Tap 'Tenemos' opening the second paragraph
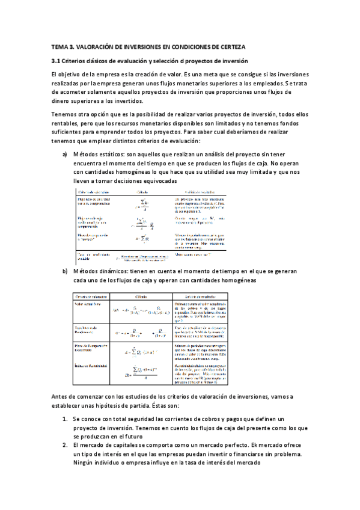64,114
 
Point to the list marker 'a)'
65,155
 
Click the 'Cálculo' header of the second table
142,296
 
